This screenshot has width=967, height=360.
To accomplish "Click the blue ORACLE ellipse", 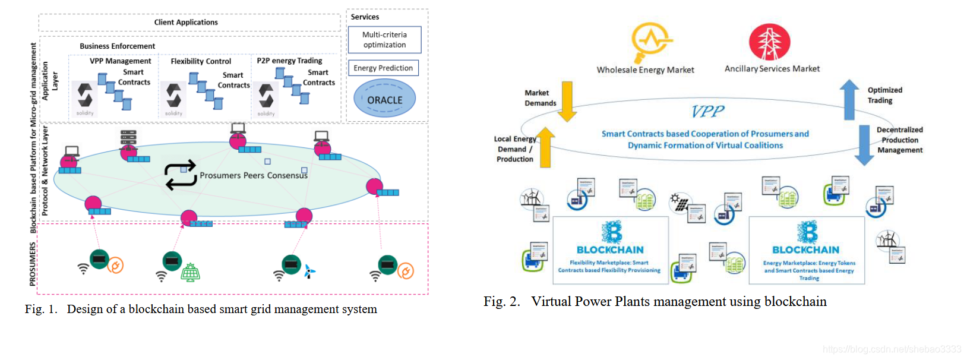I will pyautogui.click(x=384, y=99).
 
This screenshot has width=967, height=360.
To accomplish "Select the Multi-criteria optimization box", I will pyautogui.click(x=384, y=40).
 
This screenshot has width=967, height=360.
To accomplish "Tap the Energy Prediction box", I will pyautogui.click(x=383, y=68).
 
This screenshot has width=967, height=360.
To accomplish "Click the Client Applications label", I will pyautogui.click(x=186, y=23).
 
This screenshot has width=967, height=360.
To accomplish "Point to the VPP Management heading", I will pyautogui.click(x=121, y=61).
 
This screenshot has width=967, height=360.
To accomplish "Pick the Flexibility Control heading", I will pyautogui.click(x=201, y=61).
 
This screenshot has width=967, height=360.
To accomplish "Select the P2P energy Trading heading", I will pyautogui.click(x=289, y=61).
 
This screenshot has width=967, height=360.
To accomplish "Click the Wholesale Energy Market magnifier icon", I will pyautogui.click(x=650, y=42).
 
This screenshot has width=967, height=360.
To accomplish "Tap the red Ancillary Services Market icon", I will pyautogui.click(x=770, y=42).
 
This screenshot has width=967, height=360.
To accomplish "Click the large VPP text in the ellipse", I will pyautogui.click(x=707, y=111).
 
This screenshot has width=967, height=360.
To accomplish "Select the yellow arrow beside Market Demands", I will pyautogui.click(x=567, y=101).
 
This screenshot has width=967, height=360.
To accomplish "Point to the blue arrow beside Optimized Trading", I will pyautogui.click(x=849, y=100).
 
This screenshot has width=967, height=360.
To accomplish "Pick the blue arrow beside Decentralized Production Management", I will pyautogui.click(x=864, y=145).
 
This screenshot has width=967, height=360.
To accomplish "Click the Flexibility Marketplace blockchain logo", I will pyautogui.click(x=611, y=232).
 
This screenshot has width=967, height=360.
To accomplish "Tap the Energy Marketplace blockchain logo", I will pyautogui.click(x=807, y=232).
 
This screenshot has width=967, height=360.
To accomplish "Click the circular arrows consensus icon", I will pyautogui.click(x=180, y=175).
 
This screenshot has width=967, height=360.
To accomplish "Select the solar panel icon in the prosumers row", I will pyautogui.click(x=191, y=272).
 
